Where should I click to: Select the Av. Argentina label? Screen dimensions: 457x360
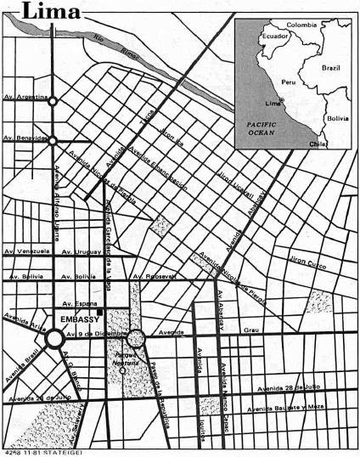coord(24,98)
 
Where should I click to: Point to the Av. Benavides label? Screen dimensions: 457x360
coord(24,135)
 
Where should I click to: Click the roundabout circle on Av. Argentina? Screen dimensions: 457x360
coord(53,101)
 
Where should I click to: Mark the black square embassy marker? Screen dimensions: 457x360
coord(100,313)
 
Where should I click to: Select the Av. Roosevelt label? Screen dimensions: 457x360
coord(154,276)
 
